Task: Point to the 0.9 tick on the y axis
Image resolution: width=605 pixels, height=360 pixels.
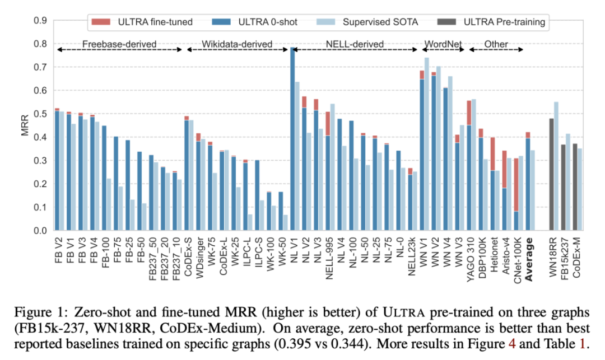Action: (40, 21)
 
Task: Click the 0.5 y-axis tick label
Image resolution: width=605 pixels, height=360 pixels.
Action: (40, 114)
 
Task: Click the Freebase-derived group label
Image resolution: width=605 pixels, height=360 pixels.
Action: (119, 44)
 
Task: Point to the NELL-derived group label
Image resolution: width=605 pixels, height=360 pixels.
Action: (356, 44)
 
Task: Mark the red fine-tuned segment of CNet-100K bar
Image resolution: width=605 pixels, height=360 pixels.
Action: (516, 185)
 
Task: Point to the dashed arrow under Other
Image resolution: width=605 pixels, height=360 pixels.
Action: (495, 50)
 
